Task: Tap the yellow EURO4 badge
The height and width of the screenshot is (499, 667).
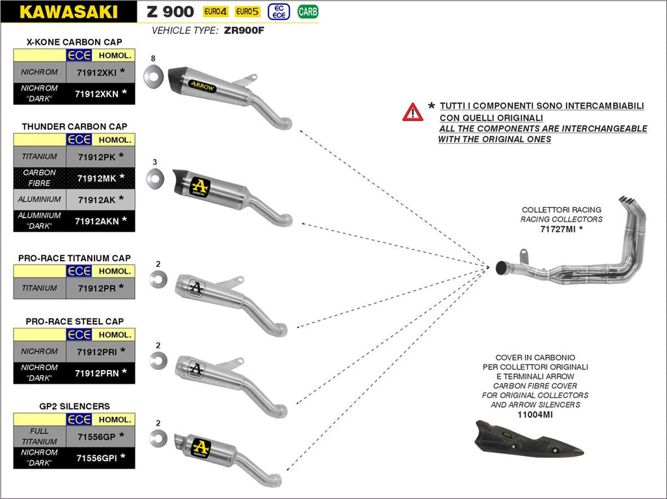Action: (x=216, y=12)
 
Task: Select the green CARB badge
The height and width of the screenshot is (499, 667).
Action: (x=307, y=11)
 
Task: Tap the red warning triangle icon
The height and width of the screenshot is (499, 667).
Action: (x=412, y=113)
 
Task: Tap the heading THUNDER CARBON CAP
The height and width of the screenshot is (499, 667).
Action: (x=74, y=126)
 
